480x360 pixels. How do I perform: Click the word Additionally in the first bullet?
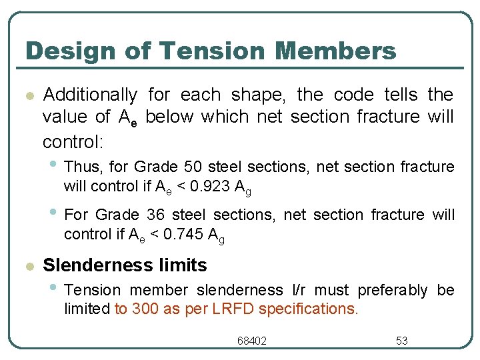coord(90,95)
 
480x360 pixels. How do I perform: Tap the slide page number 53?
coord(402,341)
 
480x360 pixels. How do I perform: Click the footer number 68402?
coord(252,341)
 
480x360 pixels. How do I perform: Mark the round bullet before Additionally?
coord(27,95)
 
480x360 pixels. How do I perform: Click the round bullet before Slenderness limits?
coord(27,266)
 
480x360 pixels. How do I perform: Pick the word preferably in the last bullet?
coord(393,290)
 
